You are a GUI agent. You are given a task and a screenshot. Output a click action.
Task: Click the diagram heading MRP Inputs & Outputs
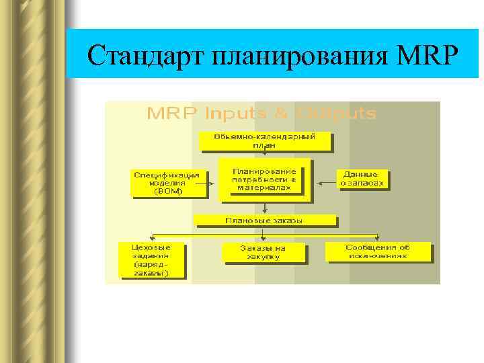pyautogui.click(x=261, y=113)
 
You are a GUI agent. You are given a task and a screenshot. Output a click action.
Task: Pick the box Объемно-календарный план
pyautogui.click(x=264, y=140)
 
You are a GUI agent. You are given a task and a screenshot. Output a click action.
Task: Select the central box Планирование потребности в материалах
pyautogui.click(x=264, y=179)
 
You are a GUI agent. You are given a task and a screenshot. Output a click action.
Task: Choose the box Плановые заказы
pyautogui.click(x=264, y=220)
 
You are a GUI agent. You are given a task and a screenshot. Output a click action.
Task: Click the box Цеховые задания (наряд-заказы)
pyautogui.click(x=152, y=259)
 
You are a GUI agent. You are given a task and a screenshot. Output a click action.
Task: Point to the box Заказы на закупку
pyautogui.click(x=263, y=252)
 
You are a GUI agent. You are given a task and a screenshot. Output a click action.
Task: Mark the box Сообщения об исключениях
pyautogui.click(x=377, y=251)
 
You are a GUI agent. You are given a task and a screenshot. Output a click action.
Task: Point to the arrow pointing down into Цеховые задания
pyautogui.click(x=154, y=237)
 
